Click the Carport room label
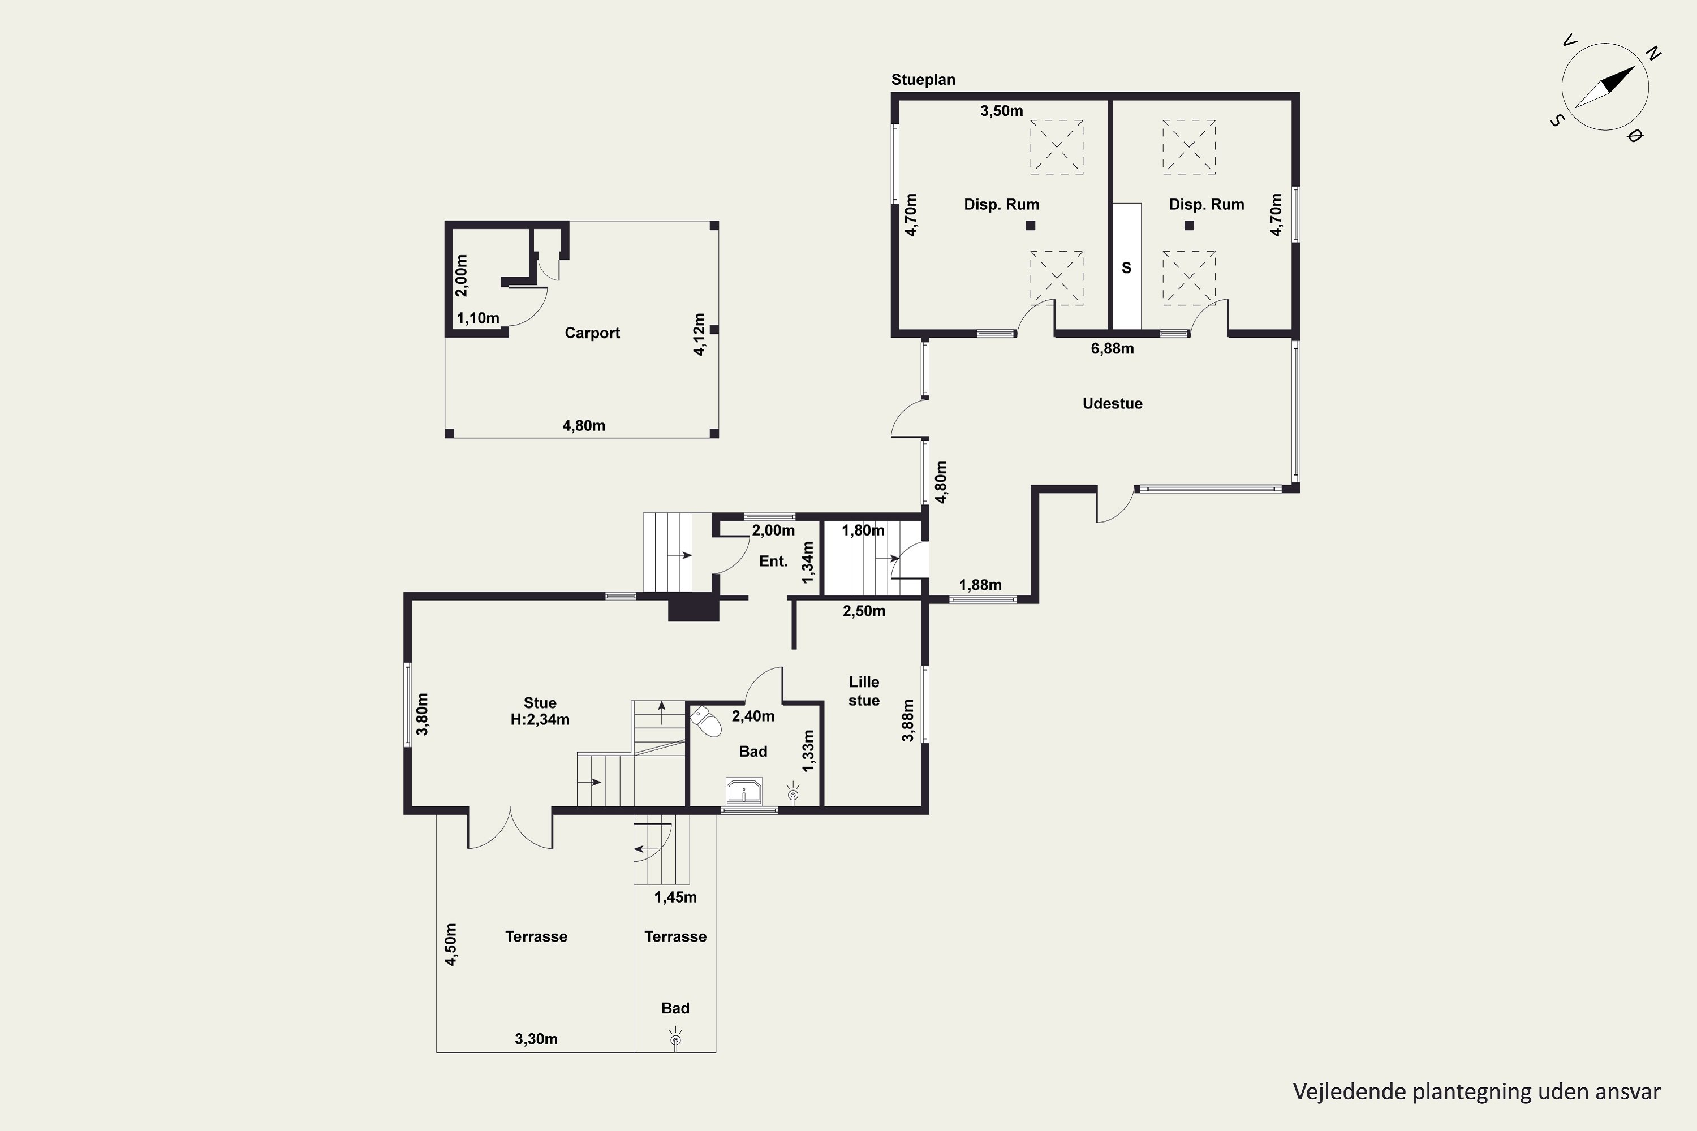click(x=592, y=333)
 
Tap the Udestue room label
click(x=1112, y=403)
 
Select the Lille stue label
click(x=864, y=691)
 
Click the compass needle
click(x=1605, y=87)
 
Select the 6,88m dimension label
click(x=1112, y=349)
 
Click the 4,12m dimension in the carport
click(x=699, y=334)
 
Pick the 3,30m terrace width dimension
click(x=536, y=1039)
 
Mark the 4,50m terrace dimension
click(x=450, y=944)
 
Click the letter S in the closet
click(x=1126, y=268)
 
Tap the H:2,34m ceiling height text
click(x=540, y=720)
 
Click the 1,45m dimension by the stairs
click(x=675, y=897)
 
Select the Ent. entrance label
click(x=773, y=561)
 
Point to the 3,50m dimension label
click(x=1001, y=111)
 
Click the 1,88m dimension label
click(x=980, y=585)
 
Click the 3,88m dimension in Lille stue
click(x=908, y=720)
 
